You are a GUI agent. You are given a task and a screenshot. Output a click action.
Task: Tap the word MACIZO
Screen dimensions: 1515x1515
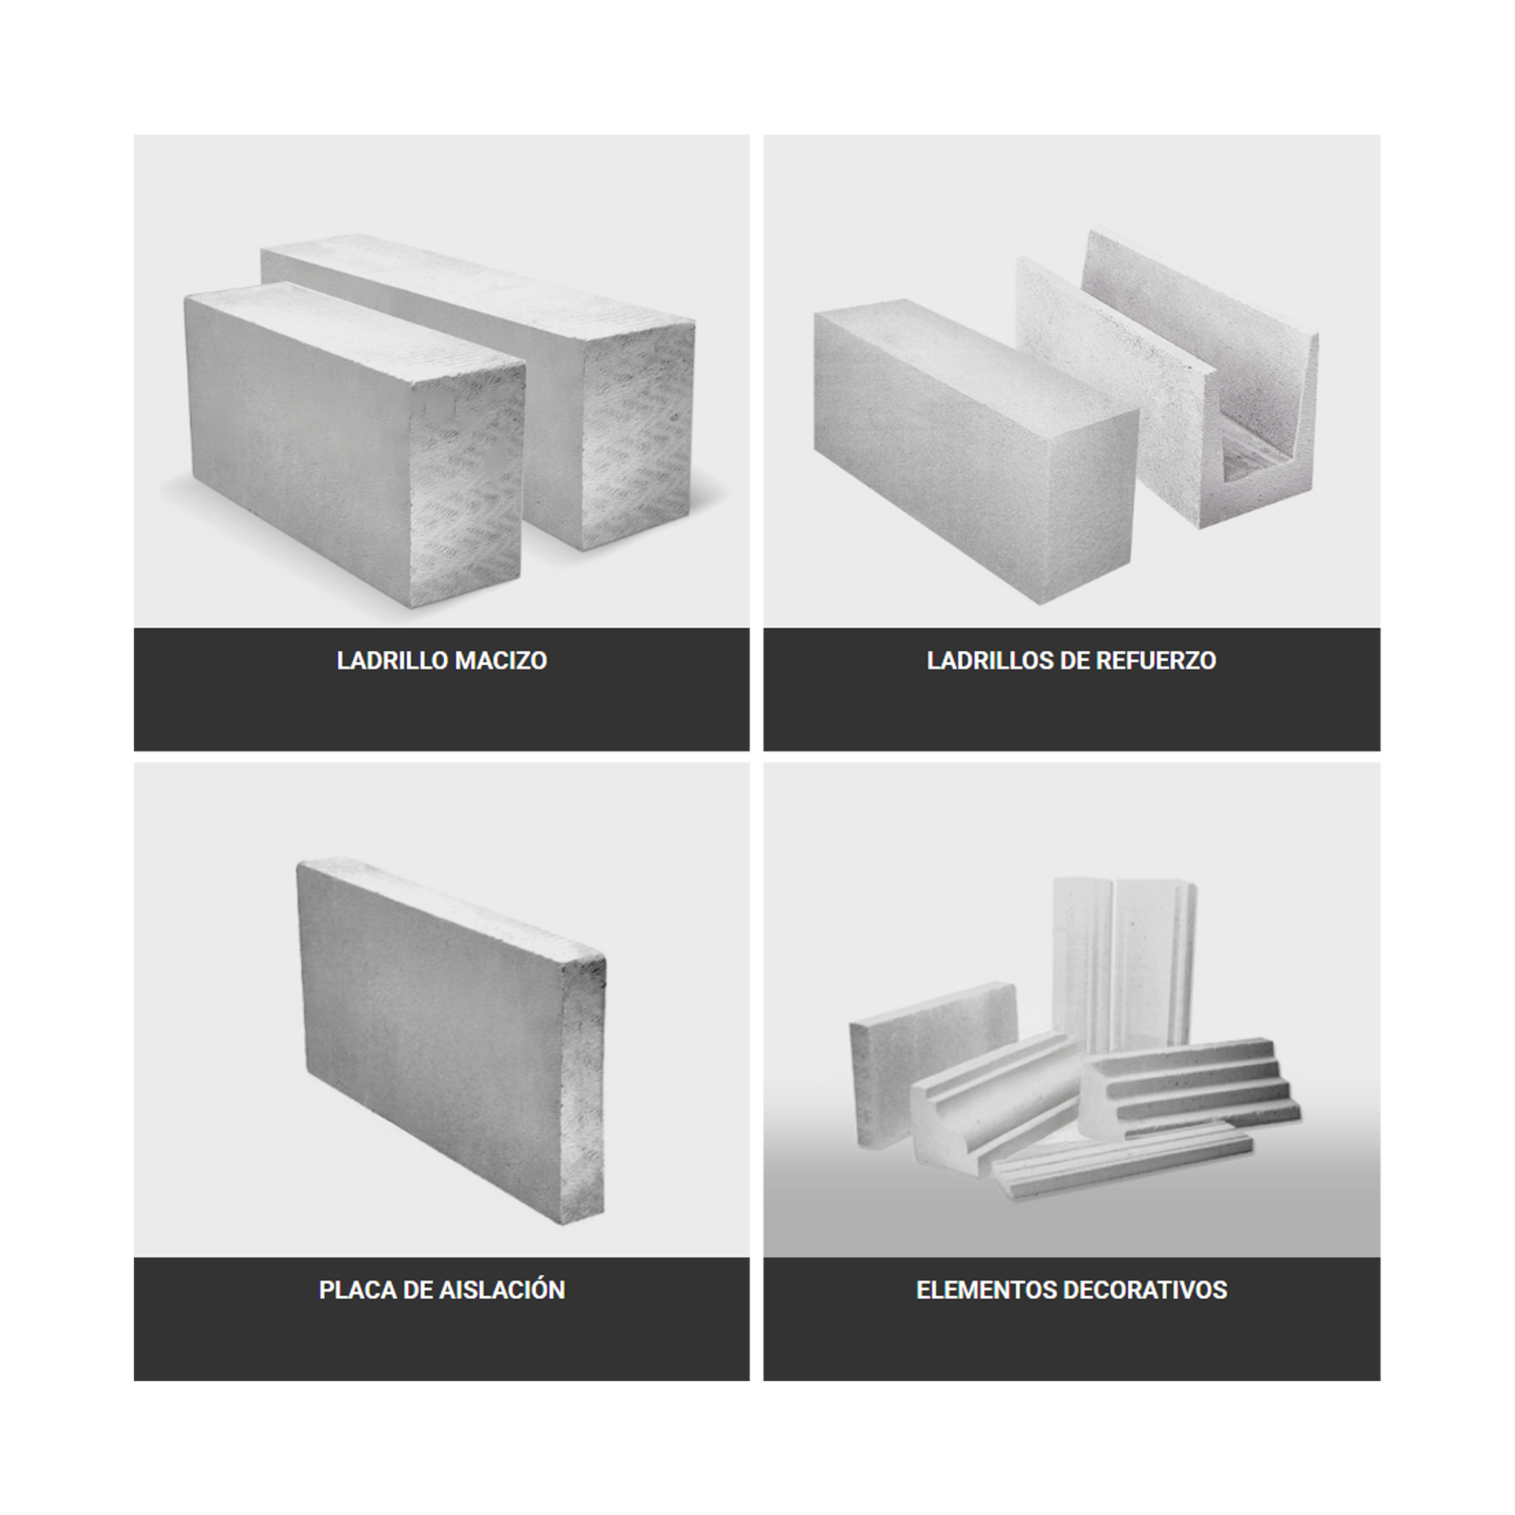tap(502, 661)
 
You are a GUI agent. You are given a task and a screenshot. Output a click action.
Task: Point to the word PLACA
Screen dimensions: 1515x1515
tap(358, 1290)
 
